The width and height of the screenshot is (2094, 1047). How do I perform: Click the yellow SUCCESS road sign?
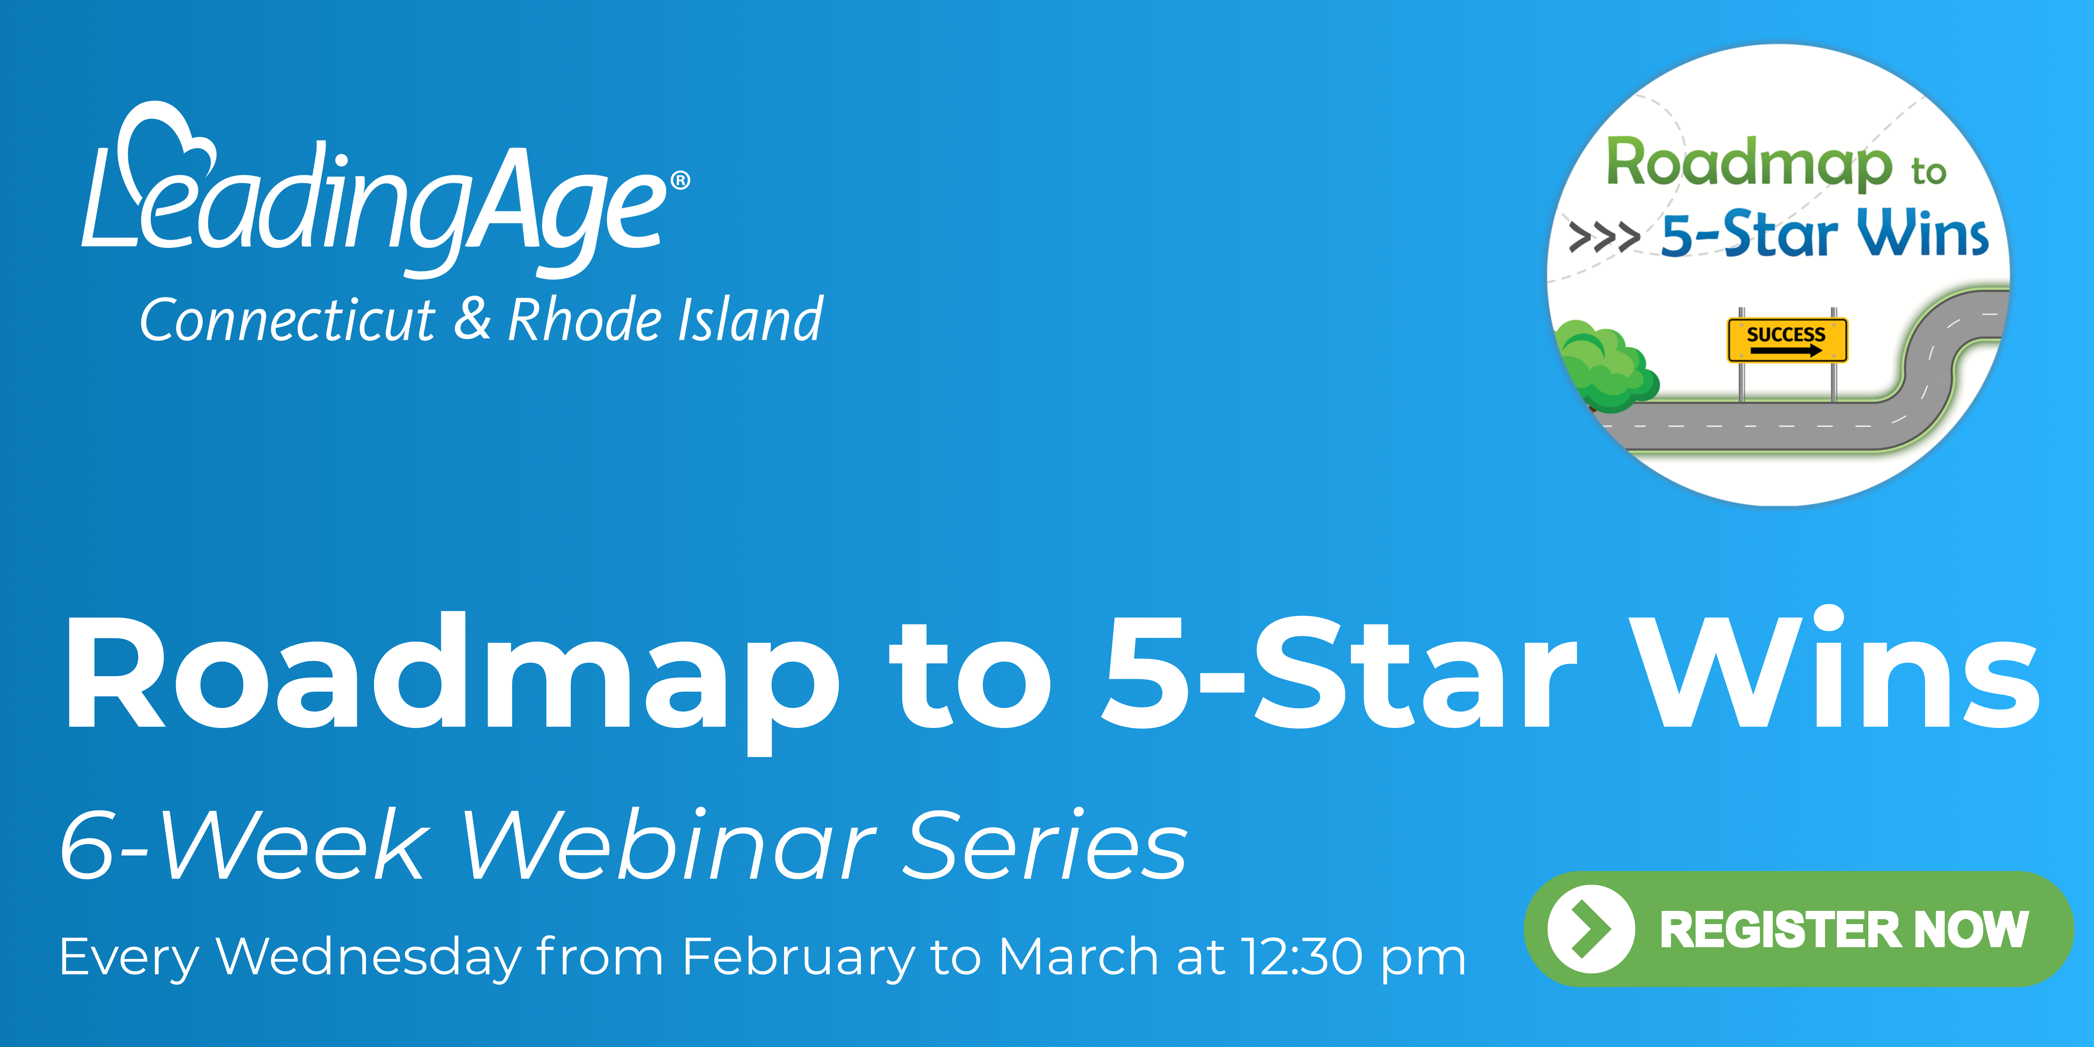(1787, 340)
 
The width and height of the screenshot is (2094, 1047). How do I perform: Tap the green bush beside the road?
(1605, 366)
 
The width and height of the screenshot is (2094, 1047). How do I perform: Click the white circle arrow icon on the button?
(1591, 928)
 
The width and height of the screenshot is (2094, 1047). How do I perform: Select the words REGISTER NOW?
(1844, 929)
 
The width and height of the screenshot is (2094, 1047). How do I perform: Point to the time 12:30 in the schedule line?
(1301, 957)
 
